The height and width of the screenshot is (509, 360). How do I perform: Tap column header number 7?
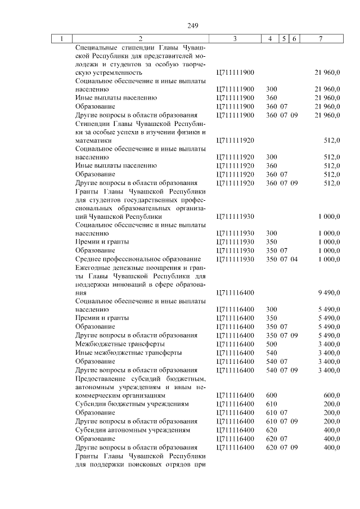pos(319,39)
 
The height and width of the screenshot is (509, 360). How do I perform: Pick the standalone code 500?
pos(271,344)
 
